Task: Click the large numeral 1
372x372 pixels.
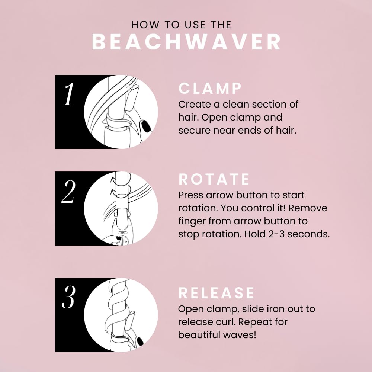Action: pos(68,94)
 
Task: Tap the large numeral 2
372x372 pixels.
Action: pos(68,192)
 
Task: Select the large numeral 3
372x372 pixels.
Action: pos(68,298)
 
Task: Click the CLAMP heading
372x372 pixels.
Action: pos(210,89)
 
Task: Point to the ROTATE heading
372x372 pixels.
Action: pos(214,179)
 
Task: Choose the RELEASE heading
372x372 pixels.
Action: pos(217,293)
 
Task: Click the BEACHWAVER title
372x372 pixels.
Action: pos(186,42)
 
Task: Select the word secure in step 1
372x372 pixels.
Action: pos(193,131)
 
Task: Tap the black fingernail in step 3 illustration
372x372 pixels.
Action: pos(140,341)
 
